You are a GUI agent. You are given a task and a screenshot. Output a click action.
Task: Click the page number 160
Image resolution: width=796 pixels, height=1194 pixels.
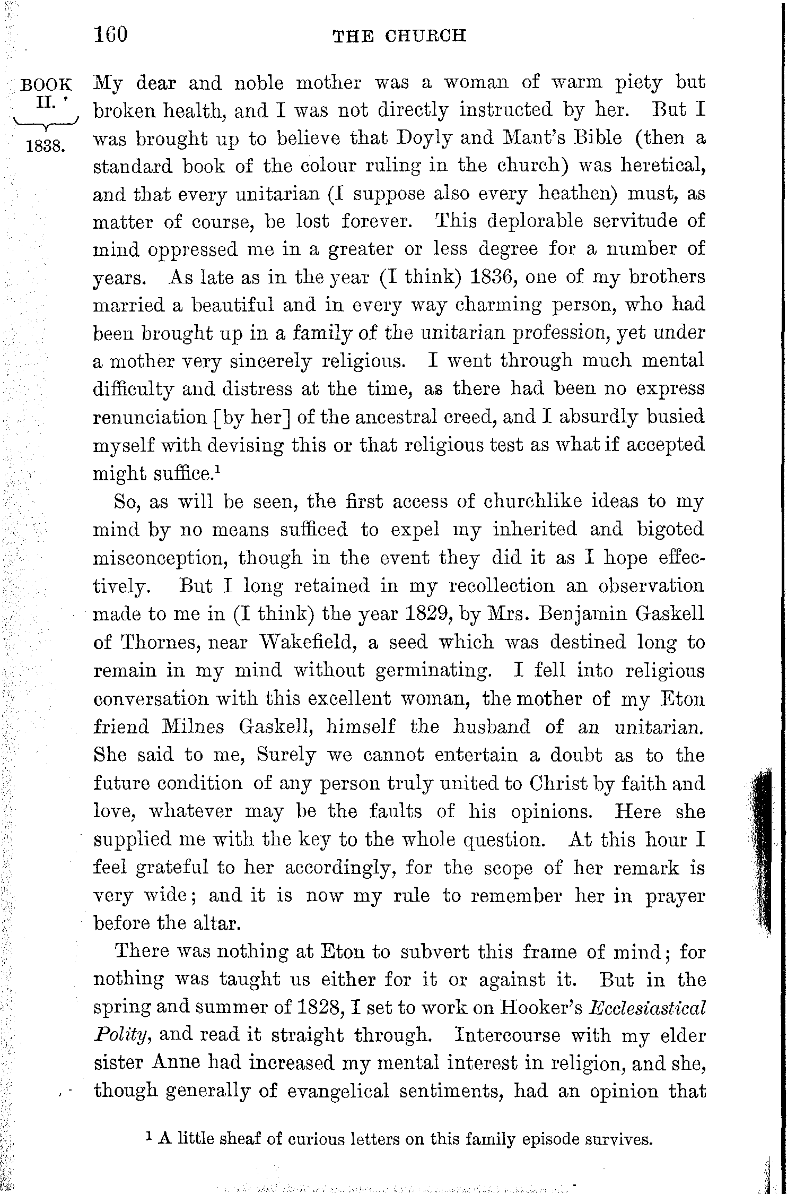111,35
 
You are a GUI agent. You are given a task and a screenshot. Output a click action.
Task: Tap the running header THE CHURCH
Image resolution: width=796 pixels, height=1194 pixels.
399,36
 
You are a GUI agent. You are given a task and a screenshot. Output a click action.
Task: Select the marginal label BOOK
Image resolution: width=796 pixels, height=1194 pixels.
46,84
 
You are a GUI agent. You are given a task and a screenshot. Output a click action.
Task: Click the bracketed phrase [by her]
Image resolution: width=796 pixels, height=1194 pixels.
251,417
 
